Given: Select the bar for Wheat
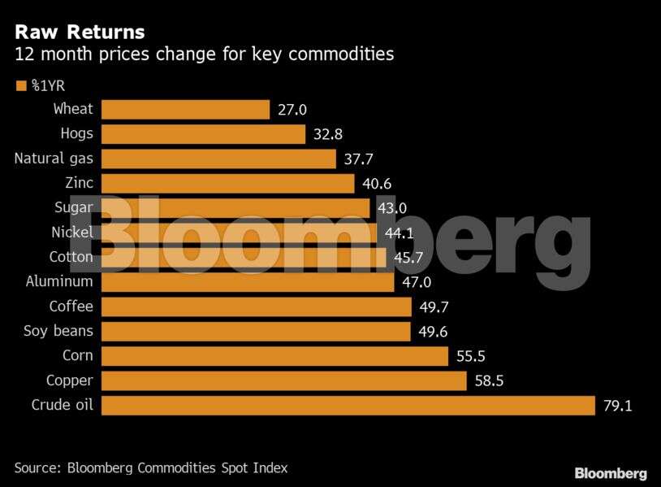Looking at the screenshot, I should pos(185,109).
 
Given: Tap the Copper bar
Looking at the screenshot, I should pos(283,380).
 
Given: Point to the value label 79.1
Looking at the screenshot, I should pos(618,406).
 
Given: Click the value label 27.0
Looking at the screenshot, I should pos(292,110).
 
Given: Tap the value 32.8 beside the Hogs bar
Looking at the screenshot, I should pos(328,134).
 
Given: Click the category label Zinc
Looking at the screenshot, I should pos(79,183).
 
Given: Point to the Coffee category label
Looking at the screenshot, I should pos(71,307).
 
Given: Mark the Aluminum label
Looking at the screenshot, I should pos(59,281).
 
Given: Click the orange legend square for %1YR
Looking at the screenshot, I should pos(21,85).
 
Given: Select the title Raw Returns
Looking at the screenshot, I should pos(80,33).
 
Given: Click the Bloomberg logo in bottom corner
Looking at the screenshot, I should pos(611,473).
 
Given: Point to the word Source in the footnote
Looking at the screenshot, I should pos(38,467).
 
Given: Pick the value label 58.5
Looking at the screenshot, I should pos(490,380).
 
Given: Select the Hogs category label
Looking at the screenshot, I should pos(76,133).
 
